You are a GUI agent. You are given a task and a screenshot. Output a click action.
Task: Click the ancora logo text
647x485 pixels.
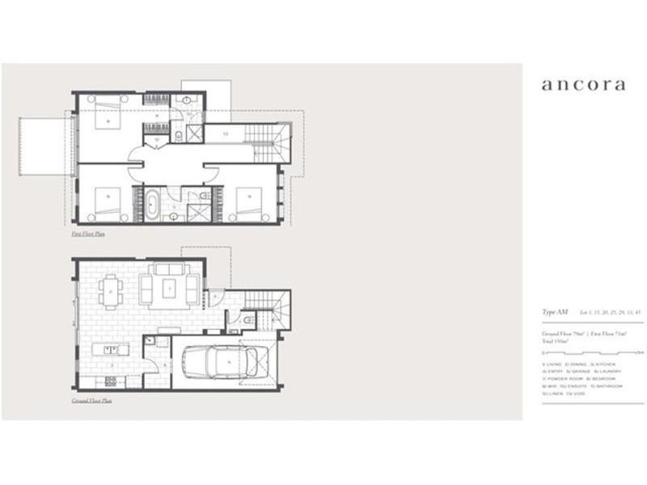coord(582,85)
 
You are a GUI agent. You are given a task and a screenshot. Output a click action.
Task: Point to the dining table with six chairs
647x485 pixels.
coord(111,291)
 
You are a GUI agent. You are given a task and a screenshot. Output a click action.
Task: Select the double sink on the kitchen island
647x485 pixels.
coord(112,350)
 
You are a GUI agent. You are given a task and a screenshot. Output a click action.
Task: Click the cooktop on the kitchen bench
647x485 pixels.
coord(110,380)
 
